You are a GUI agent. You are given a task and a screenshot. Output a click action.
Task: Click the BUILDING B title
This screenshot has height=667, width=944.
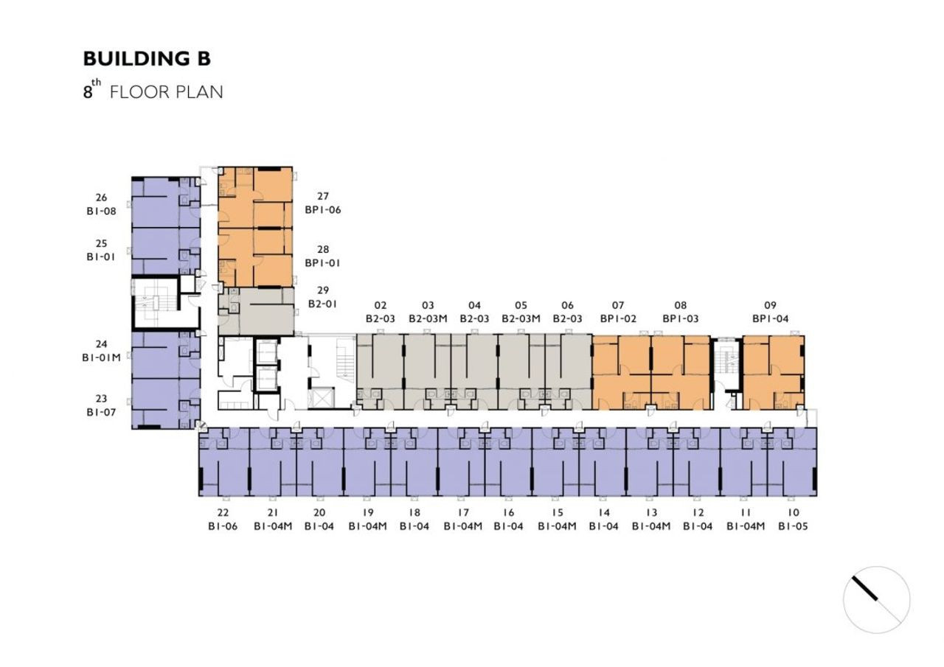(147, 58)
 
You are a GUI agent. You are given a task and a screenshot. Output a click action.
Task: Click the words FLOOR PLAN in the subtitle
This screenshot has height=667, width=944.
(167, 92)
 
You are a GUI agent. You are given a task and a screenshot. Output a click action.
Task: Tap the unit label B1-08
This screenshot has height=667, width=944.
(101, 211)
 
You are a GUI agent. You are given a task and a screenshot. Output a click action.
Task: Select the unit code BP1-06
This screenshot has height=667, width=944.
(323, 210)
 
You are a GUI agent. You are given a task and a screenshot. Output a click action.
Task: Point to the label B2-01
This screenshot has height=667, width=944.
(323, 304)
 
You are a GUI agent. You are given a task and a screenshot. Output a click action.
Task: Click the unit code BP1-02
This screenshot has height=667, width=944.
(618, 319)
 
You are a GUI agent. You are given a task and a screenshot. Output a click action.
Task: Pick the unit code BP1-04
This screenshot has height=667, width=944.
(771, 319)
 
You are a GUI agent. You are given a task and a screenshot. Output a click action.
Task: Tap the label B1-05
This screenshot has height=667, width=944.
(793, 526)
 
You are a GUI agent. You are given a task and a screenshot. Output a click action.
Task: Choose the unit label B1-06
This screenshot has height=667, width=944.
(223, 526)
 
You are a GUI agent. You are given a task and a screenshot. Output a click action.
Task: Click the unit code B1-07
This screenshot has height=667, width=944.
(101, 412)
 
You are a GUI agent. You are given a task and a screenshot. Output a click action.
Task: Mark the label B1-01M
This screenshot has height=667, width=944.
(101, 357)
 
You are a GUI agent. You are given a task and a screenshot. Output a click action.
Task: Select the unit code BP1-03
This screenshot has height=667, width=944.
(681, 319)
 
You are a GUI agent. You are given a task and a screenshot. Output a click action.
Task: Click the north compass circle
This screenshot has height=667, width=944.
(877, 600)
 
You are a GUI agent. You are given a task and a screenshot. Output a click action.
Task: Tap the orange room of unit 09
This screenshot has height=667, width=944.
(774, 373)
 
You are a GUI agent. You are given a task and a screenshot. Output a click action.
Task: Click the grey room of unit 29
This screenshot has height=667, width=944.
(256, 312)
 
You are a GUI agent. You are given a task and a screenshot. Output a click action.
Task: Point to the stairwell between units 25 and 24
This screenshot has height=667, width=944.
(155, 302)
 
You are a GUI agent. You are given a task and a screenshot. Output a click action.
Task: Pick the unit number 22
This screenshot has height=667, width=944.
(223, 512)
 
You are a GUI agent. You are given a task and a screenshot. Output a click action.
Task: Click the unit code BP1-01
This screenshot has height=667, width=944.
(323, 263)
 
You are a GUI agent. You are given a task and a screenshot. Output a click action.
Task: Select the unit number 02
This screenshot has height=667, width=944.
(380, 305)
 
